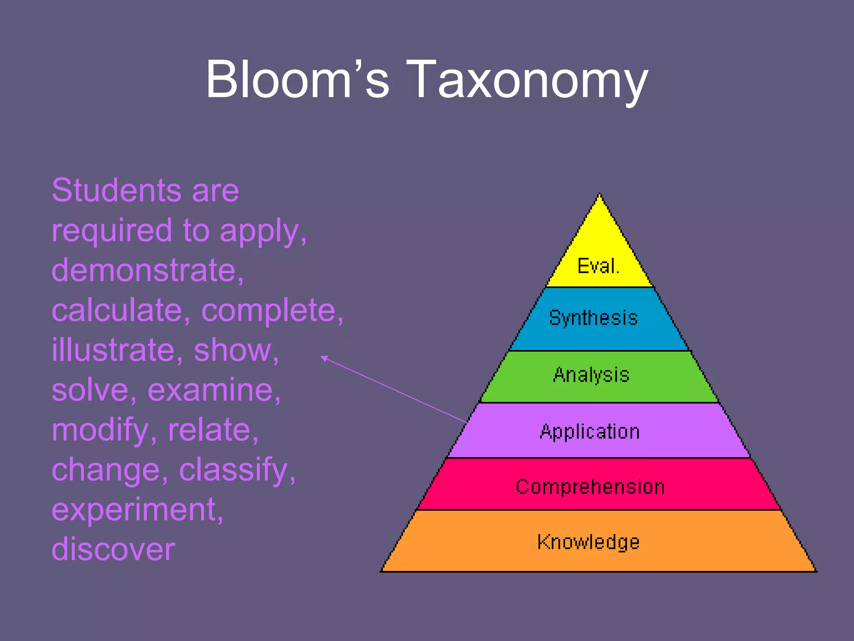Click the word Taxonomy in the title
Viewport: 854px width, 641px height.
527,79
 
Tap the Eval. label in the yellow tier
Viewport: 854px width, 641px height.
598,266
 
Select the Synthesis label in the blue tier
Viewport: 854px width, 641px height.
593,318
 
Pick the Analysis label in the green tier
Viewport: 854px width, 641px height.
591,375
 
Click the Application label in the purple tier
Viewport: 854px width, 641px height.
590,432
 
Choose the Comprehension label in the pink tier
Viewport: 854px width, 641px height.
590,487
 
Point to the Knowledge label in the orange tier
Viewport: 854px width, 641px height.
588,542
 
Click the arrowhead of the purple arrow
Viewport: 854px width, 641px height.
323,358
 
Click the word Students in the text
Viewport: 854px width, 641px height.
116,190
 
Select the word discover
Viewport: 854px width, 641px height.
113,549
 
